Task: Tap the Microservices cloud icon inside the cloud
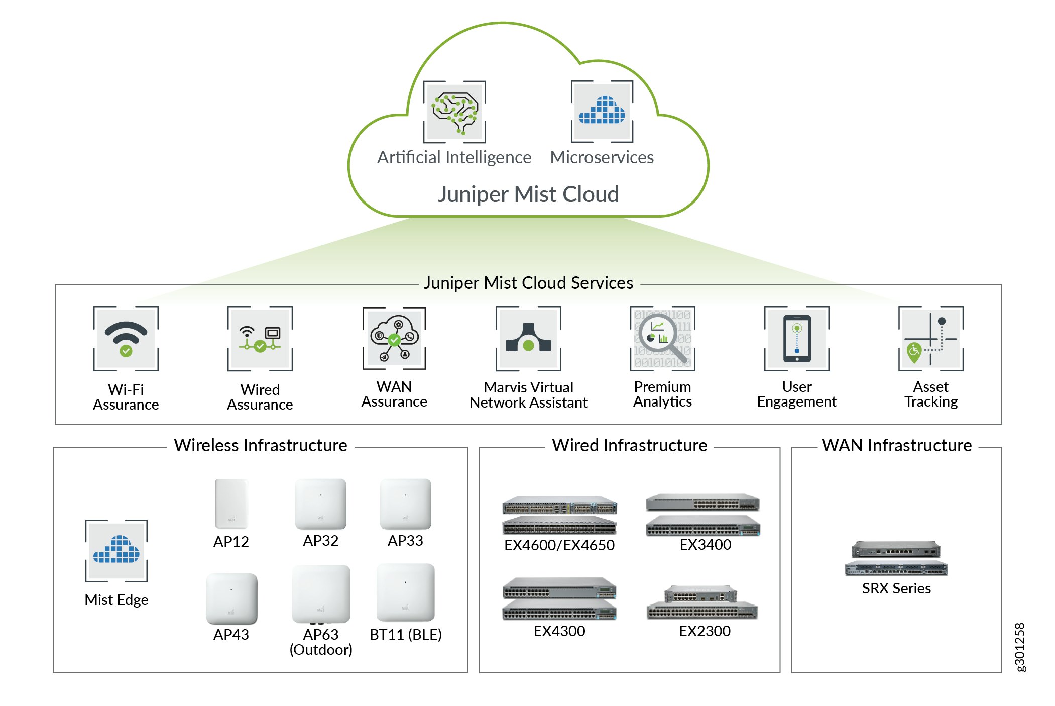click(x=602, y=112)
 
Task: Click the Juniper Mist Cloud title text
click(x=528, y=194)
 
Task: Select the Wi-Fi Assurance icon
click(x=126, y=339)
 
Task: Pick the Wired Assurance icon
click(x=260, y=339)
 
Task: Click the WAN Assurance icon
click(x=394, y=339)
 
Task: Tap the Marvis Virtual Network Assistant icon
click(x=528, y=339)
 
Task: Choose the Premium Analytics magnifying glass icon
click(x=662, y=339)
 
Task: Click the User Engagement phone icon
click(x=796, y=339)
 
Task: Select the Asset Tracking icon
click(x=930, y=339)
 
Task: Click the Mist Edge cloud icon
click(x=116, y=551)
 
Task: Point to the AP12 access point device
click(x=231, y=503)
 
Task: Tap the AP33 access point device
click(x=405, y=503)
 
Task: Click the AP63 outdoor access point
click(x=321, y=594)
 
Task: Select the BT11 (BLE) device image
click(x=405, y=592)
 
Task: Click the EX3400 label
click(x=705, y=545)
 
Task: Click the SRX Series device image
click(x=896, y=558)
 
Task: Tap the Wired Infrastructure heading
click(x=629, y=445)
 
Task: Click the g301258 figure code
click(x=1020, y=647)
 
